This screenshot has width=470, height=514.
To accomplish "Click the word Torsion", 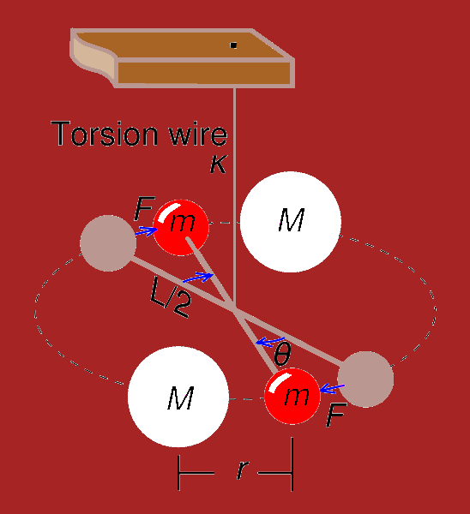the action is [x=105, y=134].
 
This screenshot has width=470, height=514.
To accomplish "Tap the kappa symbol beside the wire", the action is [x=218, y=164].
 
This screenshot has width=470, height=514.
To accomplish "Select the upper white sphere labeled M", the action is [x=291, y=222].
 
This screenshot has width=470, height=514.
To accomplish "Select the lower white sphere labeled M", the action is [x=178, y=397].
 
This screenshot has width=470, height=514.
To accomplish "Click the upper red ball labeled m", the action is [x=181, y=228].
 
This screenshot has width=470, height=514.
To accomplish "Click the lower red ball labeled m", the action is [x=292, y=396].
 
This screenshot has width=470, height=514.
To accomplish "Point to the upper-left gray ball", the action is [x=108, y=243].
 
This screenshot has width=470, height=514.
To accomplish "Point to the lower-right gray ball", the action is [x=365, y=380].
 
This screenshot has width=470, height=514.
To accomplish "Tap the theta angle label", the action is [x=282, y=354].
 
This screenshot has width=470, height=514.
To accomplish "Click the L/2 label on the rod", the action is [x=170, y=297].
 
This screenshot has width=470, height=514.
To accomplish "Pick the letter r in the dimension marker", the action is [x=242, y=469].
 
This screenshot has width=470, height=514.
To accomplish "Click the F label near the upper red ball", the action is [x=144, y=208].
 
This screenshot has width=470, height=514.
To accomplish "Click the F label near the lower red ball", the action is [x=336, y=415].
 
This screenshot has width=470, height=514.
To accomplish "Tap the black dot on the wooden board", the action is [x=233, y=45].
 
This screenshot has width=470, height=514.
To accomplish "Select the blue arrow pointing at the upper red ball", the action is [x=147, y=231].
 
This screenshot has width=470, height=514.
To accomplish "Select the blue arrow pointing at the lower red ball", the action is [x=332, y=388].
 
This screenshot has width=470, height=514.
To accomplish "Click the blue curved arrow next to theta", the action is [x=270, y=342].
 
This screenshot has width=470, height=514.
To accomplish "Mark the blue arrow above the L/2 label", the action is [x=198, y=277].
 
